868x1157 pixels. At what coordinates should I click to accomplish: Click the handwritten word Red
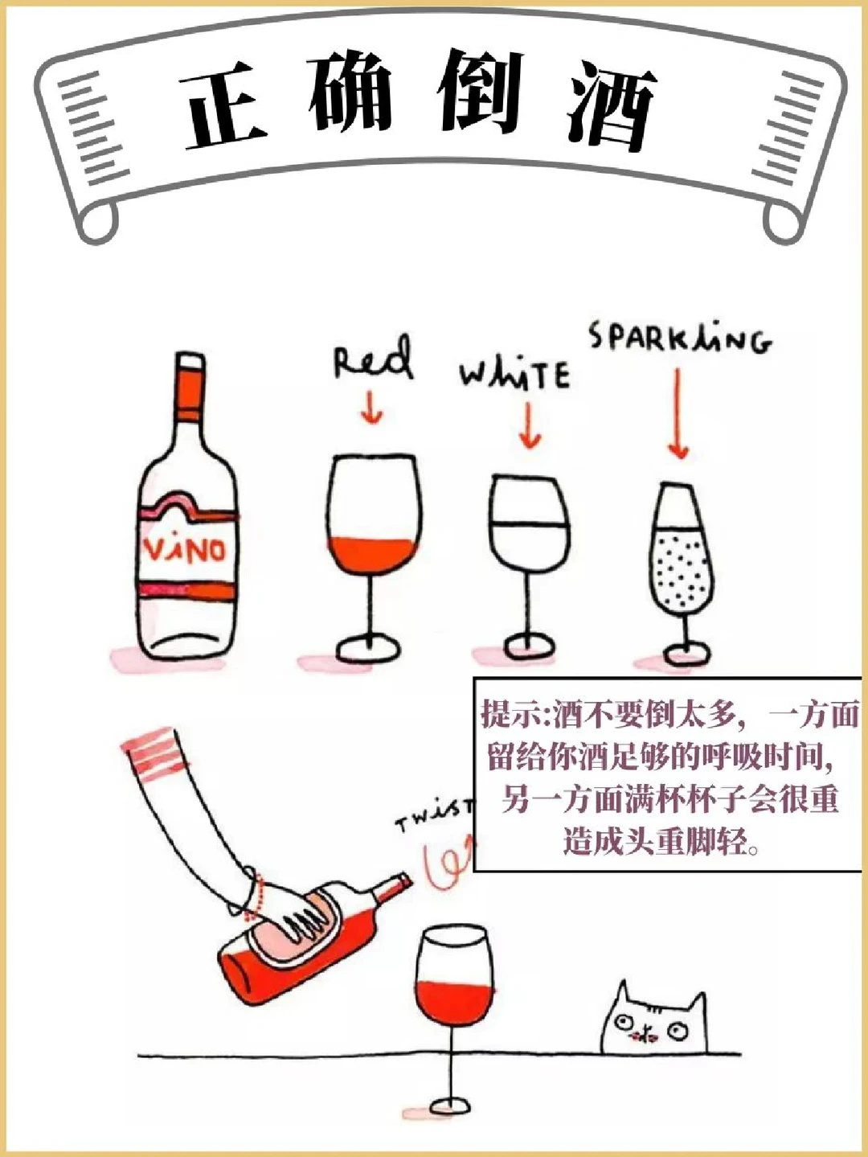[372, 361]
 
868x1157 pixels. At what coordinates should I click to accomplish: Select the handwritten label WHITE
[514, 374]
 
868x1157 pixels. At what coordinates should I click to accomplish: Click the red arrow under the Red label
[372, 407]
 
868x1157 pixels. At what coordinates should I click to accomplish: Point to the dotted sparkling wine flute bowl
[679, 570]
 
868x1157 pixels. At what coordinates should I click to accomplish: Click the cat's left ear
[624, 995]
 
